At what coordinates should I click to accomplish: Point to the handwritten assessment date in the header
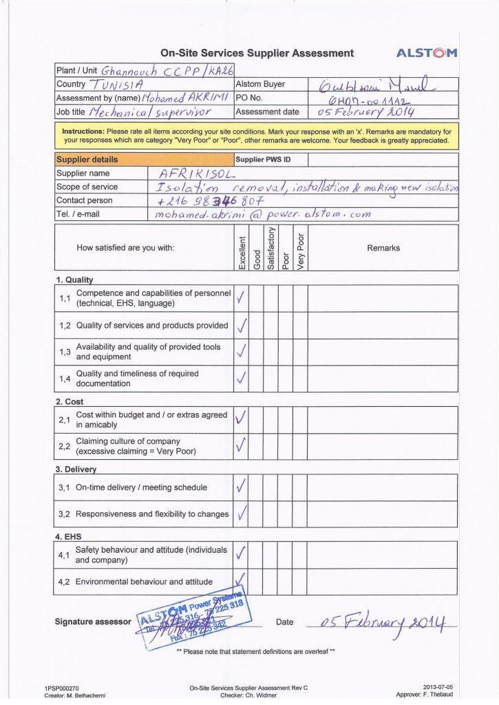[365, 112]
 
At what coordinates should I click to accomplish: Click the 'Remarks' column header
[383, 248]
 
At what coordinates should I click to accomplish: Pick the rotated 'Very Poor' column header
[299, 249]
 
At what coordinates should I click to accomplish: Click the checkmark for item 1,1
[240, 298]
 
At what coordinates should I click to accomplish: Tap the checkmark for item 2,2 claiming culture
[240, 446]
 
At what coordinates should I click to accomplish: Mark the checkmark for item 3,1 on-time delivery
[240, 487]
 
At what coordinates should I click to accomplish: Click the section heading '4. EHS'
[69, 534]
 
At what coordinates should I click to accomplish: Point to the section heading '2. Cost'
[70, 401]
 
